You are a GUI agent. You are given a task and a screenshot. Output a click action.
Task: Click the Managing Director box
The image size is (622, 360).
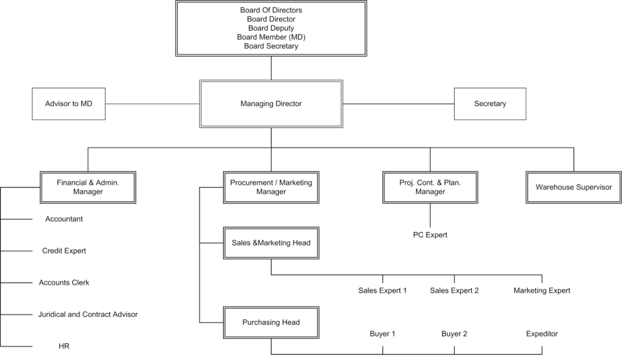271,104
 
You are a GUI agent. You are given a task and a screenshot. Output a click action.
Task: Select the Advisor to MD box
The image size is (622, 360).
68,104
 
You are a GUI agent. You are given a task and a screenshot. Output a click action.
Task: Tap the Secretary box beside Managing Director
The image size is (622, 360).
490,104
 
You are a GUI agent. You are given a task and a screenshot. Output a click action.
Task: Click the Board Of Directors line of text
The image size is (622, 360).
271,10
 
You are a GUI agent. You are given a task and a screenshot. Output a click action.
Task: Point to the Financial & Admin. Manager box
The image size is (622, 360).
88,186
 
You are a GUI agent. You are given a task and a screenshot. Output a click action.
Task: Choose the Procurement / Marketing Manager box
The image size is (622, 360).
271,186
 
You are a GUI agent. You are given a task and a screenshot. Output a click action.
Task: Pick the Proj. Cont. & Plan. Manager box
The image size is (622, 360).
430,186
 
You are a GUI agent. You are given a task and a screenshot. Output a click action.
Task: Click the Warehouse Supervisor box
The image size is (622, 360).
573,186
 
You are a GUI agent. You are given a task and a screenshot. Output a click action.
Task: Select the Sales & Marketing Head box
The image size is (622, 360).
271,242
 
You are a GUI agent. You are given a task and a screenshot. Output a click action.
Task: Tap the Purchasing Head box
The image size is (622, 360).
271,322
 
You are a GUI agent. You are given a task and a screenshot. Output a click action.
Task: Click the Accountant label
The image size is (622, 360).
64,219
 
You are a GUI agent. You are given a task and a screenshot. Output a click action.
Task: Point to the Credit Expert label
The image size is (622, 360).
64,251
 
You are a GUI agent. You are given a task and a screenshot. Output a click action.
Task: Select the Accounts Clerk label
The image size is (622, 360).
64,283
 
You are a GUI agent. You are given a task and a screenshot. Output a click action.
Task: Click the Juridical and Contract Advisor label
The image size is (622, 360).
88,314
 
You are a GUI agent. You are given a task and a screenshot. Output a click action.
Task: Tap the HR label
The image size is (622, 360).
64,346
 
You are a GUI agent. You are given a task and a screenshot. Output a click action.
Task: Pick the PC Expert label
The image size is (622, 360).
430,235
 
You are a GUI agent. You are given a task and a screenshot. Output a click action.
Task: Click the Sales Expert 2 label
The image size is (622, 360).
454,291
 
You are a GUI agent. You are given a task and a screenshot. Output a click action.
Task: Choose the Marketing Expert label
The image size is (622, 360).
542,291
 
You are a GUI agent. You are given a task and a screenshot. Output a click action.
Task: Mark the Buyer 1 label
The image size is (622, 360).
382,334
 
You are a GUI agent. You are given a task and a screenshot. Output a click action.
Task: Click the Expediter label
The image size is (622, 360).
542,334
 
